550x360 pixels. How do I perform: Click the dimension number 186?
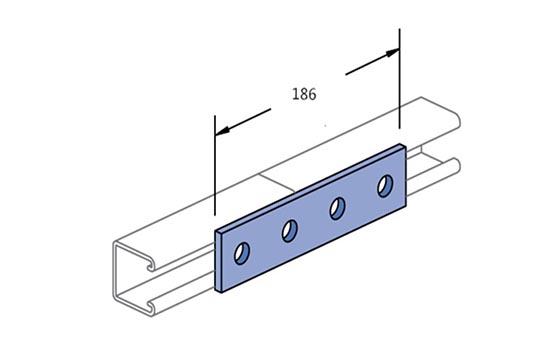click(304, 94)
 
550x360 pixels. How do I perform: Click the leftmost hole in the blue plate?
click(242, 253)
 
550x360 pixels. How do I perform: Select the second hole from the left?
click(290, 231)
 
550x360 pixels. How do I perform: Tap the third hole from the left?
click(337, 208)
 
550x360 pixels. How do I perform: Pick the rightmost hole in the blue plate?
click(385, 186)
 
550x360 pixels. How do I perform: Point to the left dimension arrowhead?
click(222, 130)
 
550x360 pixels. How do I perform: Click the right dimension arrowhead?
click(392, 53)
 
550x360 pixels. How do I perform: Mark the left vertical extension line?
click(215, 165)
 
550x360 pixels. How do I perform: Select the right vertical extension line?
click(399, 79)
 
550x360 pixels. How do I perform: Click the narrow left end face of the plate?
click(219, 262)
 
